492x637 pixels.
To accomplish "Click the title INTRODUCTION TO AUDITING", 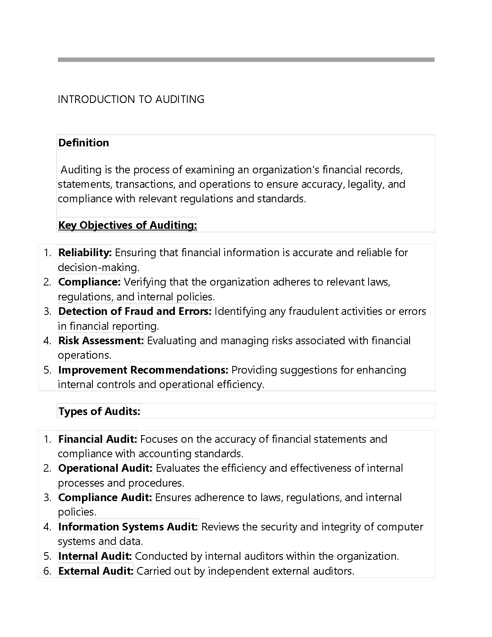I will click(x=131, y=99).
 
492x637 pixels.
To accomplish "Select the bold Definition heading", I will click(x=84, y=143).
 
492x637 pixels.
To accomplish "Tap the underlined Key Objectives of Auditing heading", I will click(x=127, y=225).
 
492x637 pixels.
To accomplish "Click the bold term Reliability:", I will click(x=85, y=253).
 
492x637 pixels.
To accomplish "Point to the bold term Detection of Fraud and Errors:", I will click(x=135, y=311).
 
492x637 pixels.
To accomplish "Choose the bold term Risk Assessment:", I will click(x=101, y=341).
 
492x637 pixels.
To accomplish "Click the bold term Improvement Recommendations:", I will click(x=143, y=370).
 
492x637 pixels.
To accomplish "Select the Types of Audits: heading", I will click(x=99, y=411).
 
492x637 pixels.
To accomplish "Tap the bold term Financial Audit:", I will click(x=98, y=439).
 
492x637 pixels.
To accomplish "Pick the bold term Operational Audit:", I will click(x=105, y=468).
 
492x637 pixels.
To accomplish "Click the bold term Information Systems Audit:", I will click(x=128, y=527).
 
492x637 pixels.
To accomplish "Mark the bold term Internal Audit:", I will click(x=95, y=556).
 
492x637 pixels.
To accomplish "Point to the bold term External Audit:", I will click(x=96, y=571).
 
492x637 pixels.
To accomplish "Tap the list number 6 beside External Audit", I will click(x=47, y=571).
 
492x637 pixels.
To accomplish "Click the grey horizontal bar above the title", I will click(x=246, y=60).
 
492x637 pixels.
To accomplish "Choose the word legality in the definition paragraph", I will click(x=365, y=184).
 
